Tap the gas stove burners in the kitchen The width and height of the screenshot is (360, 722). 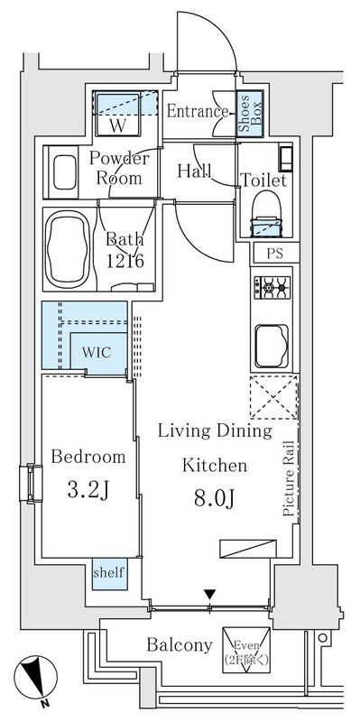click(272, 288)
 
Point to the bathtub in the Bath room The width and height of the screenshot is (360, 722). click(68, 249)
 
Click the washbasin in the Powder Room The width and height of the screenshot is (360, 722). click(64, 171)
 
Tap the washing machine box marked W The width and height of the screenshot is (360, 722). click(118, 115)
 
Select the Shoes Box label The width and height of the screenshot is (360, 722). click(251, 113)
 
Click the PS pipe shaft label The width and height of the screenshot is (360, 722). click(275, 254)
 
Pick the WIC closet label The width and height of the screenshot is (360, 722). click(97, 353)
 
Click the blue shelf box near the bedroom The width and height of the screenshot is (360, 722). click(109, 574)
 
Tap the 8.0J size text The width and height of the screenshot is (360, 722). click(215, 499)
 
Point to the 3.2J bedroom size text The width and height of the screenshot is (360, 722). click(88, 491)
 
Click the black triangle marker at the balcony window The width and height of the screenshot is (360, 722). click(210, 594)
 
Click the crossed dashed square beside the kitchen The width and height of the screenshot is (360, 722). click(273, 397)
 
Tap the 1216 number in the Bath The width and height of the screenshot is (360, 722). click(125, 261)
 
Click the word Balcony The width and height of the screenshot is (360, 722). click(180, 645)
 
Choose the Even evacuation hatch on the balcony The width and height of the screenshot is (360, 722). click(246, 649)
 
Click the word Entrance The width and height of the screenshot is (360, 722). click(197, 111)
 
